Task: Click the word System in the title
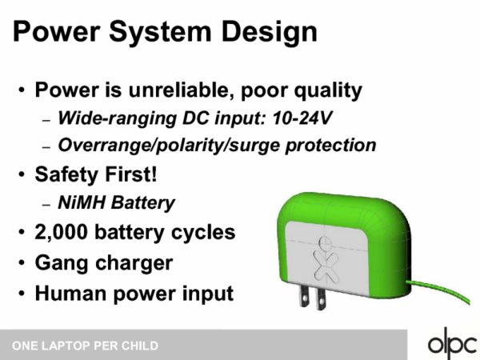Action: pos(161,32)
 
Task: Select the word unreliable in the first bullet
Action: pos(182,90)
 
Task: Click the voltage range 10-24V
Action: pos(302,118)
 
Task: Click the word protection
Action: pos(331,145)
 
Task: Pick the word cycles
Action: pos(203,234)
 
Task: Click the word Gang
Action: pos(62,263)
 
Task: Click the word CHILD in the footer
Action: pos(140,346)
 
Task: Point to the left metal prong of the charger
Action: pos(304,296)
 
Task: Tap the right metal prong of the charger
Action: pos(321,298)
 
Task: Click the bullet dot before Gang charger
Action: pos(22,262)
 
